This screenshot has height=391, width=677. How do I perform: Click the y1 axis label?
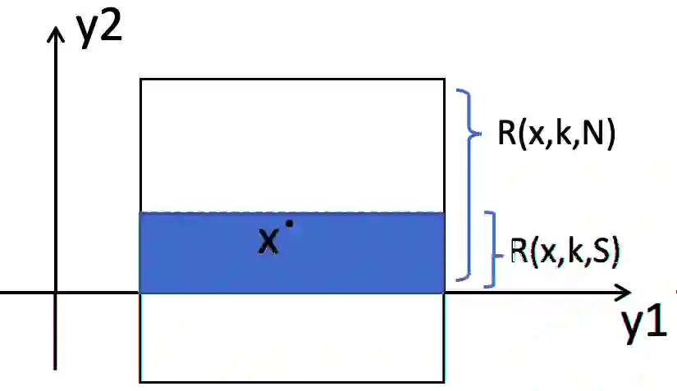click(x=643, y=328)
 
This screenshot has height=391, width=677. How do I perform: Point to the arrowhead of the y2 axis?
click(x=56, y=32)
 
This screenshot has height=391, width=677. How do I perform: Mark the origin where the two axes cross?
click(x=56, y=293)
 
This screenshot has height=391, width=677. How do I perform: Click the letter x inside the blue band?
click(x=268, y=240)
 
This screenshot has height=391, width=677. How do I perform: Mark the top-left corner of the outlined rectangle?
click(x=140, y=79)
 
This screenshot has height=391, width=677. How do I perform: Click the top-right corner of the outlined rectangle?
click(x=444, y=79)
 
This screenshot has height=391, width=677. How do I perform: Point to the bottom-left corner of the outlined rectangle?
click(x=140, y=381)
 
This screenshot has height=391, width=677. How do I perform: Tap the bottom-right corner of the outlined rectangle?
click(x=444, y=381)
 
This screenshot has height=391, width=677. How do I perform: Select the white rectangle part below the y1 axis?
click(x=292, y=337)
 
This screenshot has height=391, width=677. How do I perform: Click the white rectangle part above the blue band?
click(x=292, y=145)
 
